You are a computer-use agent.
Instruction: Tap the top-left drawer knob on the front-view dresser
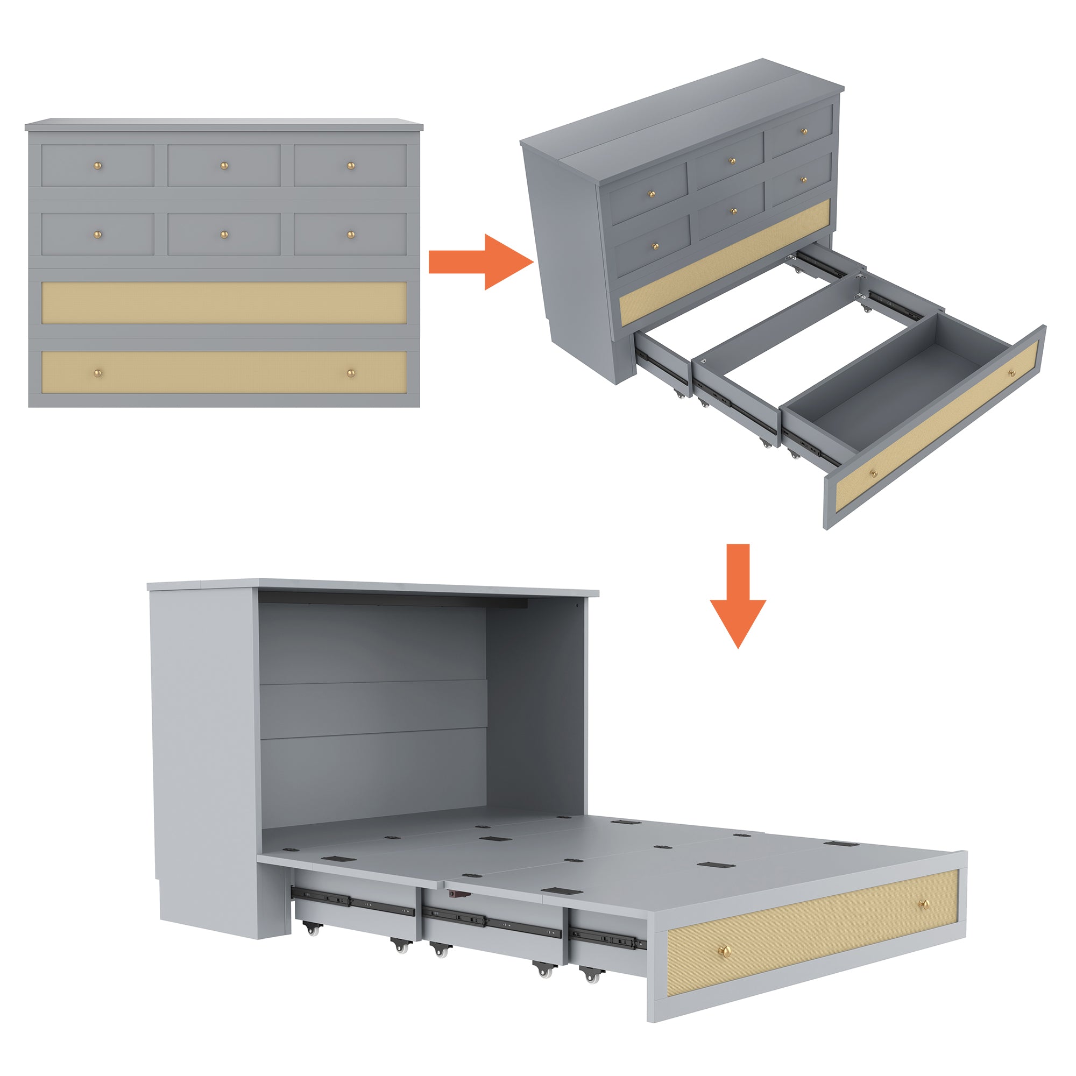pos(97,165)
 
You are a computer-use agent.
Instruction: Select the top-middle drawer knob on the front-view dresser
pos(224,165)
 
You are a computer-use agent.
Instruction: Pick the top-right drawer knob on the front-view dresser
pos(351,165)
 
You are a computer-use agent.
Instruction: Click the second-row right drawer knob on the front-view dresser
pos(351,235)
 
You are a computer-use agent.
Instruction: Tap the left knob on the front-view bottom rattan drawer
pos(97,373)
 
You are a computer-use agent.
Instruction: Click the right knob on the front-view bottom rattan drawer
pos(351,373)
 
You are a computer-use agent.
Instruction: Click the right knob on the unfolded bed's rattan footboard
pos(924,904)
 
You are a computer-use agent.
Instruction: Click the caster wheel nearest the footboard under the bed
pos(590,975)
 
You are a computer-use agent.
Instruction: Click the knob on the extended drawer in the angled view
pos(873,474)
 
